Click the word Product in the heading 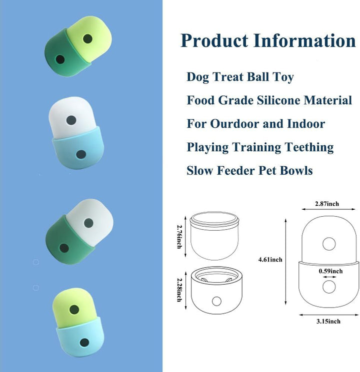pos(214,40)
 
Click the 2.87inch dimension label pos(327,204)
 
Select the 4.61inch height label pos(270,260)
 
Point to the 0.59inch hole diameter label pos(330,271)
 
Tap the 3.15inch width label pos(328,321)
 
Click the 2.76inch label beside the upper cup pos(179,236)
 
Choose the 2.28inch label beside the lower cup pos(179,290)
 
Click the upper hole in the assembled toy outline pos(329,244)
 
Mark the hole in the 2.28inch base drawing pos(216,301)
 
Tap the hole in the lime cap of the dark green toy pos(87,38)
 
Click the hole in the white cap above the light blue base pos(71,120)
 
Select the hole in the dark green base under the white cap pos(64,248)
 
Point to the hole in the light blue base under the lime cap pos(84,343)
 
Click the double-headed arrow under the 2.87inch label pos(328,209)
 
